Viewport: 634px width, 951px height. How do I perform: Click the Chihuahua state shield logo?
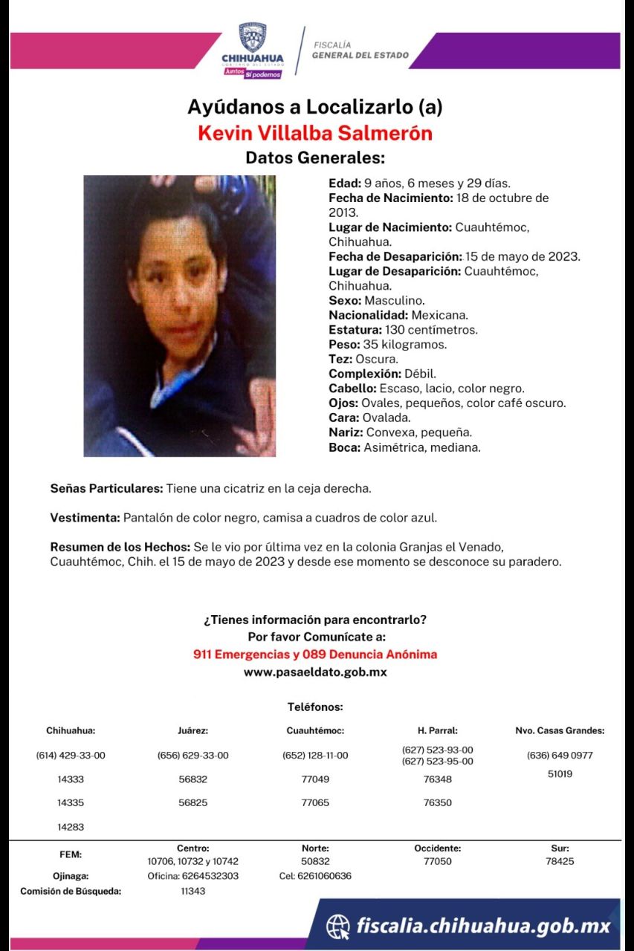[253, 37]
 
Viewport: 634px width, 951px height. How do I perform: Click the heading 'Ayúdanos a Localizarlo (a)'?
[314, 107]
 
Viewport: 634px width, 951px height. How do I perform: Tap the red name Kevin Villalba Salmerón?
[315, 133]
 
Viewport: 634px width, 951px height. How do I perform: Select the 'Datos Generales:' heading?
[315, 158]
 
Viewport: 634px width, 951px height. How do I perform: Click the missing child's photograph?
[179, 316]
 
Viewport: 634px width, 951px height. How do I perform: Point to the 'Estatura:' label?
[355, 330]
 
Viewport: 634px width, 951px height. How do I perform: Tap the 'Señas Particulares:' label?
[106, 489]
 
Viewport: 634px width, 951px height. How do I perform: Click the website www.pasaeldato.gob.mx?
[315, 672]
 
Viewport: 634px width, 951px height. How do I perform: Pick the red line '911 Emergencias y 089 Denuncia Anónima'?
[315, 655]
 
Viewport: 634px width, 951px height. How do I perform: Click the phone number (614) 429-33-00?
[71, 756]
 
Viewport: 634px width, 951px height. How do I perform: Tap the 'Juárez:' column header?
[193, 731]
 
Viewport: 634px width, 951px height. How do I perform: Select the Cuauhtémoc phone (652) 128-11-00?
[315, 756]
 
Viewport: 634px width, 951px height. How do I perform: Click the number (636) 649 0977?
[560, 756]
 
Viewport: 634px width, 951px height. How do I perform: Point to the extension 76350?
[437, 803]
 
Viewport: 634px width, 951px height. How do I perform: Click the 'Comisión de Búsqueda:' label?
[71, 892]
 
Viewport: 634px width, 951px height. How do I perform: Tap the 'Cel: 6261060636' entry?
[315, 876]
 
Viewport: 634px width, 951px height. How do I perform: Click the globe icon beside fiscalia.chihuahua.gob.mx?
[338, 926]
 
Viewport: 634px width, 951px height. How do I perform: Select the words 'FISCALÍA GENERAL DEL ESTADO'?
[360, 50]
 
